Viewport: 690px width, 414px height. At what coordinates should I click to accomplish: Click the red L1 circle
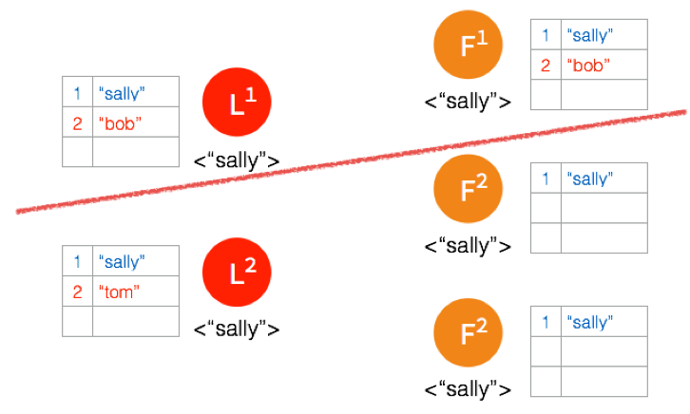(x=238, y=104)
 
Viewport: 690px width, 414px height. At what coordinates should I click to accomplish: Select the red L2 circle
(x=238, y=273)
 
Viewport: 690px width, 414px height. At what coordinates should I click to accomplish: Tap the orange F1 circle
(x=468, y=49)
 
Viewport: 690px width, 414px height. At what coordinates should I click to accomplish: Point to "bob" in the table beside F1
(x=586, y=66)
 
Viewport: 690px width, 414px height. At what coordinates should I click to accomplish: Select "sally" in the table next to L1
(x=122, y=93)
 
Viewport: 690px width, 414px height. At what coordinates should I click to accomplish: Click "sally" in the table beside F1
(x=589, y=36)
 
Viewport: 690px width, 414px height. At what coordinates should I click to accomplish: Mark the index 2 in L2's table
(x=77, y=292)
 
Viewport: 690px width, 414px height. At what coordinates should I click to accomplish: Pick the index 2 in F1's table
(x=546, y=66)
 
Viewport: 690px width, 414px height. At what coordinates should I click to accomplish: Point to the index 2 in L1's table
(x=77, y=122)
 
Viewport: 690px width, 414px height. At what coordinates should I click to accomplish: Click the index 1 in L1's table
(x=77, y=93)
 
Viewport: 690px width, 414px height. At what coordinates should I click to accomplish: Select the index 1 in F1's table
(x=546, y=36)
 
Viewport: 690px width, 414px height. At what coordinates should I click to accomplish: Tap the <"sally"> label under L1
(x=237, y=160)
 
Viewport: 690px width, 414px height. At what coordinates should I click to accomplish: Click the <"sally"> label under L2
(x=237, y=329)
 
